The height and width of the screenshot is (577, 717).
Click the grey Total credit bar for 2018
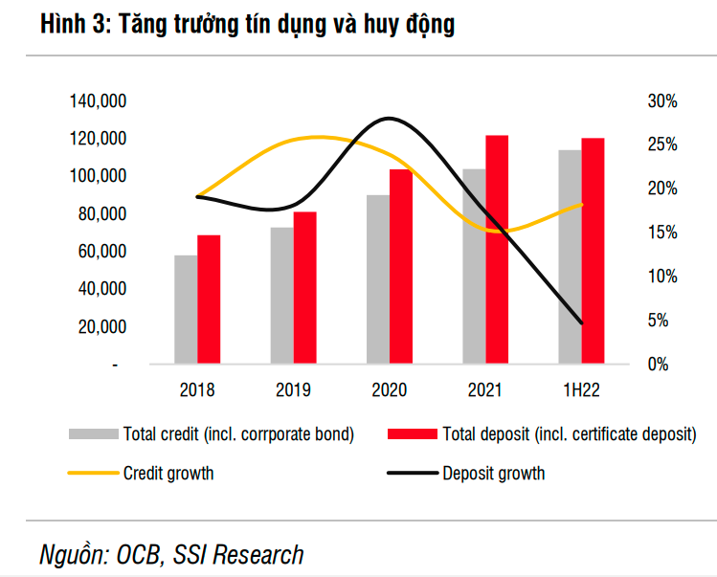pyautogui.click(x=186, y=309)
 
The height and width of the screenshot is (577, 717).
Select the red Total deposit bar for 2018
pyautogui.click(x=209, y=300)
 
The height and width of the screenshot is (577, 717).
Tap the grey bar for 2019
pyautogui.click(x=281, y=296)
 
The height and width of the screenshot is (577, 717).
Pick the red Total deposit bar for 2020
pyautogui.click(x=400, y=267)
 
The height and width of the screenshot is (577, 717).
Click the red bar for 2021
pyautogui.click(x=497, y=250)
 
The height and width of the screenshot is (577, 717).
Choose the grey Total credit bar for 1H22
pyautogui.click(x=571, y=256)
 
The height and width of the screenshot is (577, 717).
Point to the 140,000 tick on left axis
pyautogui.click(x=100, y=101)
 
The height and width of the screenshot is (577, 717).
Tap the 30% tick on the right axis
pyautogui.click(x=662, y=101)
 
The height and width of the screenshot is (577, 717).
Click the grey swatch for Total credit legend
pyautogui.click(x=93, y=434)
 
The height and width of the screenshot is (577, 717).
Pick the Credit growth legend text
pyautogui.click(x=168, y=473)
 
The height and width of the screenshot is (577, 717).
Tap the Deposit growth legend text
pyautogui.click(x=493, y=473)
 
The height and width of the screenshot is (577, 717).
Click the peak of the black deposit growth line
pyautogui.click(x=389, y=119)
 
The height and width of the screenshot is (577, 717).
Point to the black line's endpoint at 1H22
pyautogui.click(x=581, y=323)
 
